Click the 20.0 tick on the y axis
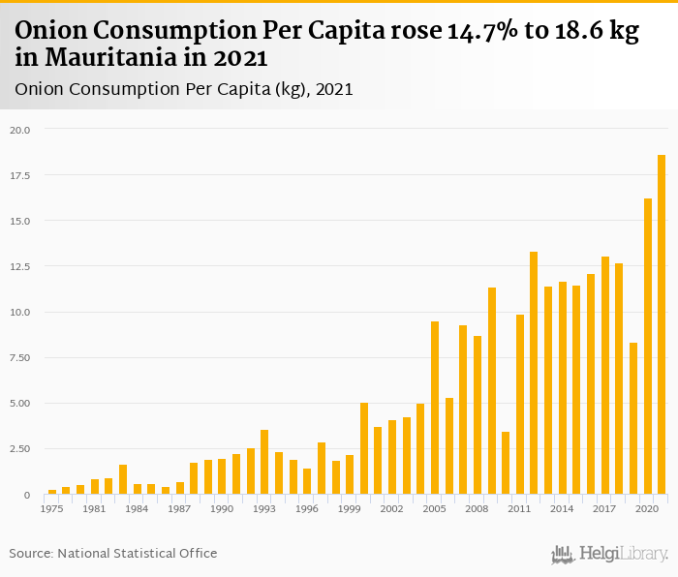click(20, 130)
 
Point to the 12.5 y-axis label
click(20, 267)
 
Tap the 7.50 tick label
click(20, 358)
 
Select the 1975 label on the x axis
click(52, 508)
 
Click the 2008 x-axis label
click(478, 508)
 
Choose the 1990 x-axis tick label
click(222, 508)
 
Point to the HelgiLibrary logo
click(610, 554)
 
